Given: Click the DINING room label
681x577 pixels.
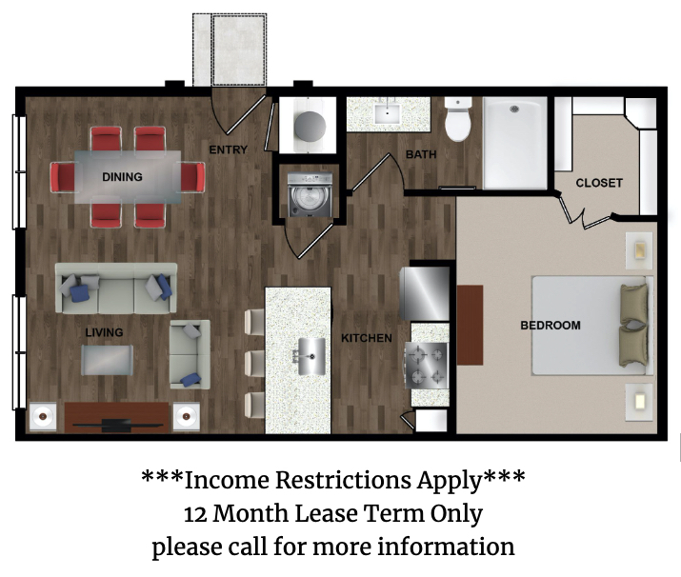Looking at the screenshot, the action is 122,177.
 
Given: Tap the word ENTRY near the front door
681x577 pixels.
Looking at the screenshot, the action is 228,149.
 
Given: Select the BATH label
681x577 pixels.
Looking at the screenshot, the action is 421,154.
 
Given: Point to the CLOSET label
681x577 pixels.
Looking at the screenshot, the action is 599,183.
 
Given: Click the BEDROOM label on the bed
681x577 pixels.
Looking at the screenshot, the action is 551,326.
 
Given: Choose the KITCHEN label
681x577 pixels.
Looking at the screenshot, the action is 367,338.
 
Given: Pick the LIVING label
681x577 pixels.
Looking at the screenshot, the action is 104,332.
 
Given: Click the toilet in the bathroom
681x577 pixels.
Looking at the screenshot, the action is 458,119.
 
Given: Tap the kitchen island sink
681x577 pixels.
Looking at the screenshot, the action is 310,356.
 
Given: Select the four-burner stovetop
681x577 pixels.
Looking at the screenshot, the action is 426,366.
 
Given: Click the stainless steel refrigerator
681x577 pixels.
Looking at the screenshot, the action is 425,293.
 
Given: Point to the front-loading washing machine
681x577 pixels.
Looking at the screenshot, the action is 310,195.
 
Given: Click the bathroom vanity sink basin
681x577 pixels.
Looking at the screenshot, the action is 387,113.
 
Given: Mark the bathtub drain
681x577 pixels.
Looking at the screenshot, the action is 515,109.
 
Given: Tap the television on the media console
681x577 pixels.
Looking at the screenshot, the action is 116,425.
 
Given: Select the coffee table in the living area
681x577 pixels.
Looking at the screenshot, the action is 108,360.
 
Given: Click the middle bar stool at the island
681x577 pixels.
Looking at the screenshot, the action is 254,364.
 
